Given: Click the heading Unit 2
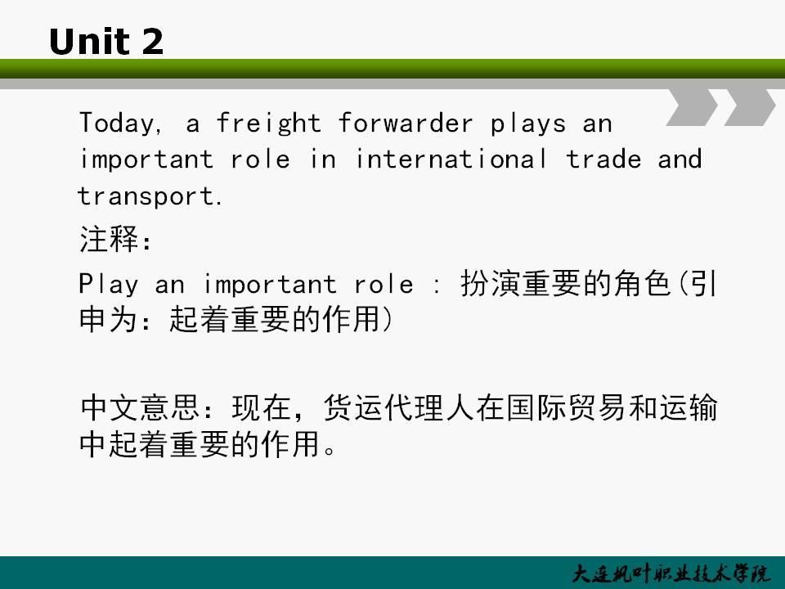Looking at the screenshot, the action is (x=106, y=41).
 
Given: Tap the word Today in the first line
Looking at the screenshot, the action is (x=117, y=124).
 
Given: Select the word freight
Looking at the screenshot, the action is (x=268, y=124).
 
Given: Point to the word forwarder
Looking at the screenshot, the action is (x=405, y=124).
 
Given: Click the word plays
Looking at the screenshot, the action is (x=528, y=124).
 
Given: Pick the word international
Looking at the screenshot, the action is (x=451, y=160).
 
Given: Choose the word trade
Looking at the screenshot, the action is (x=603, y=160).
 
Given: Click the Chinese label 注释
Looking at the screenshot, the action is (x=109, y=239).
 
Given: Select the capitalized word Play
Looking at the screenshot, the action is (x=109, y=285).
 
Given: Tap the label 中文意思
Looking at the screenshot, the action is (x=140, y=407).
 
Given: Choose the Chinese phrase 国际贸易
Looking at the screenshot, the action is (x=566, y=407).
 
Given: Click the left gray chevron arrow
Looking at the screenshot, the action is (x=693, y=107).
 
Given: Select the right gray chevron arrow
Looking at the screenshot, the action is (x=750, y=107).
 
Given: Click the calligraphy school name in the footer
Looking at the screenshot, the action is (x=671, y=574).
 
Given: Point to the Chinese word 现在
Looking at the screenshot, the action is (x=262, y=407).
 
